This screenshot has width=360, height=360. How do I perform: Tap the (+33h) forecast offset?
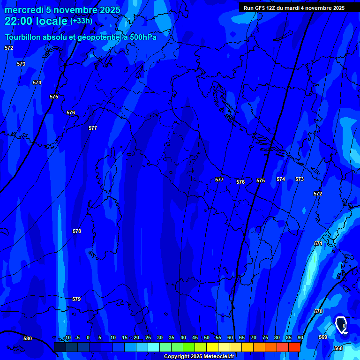pyautogui.click(x=81, y=21)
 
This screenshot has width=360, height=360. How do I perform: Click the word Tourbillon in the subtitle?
pyautogui.click(x=23, y=37)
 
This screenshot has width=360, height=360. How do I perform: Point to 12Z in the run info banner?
pyautogui.click(x=270, y=8)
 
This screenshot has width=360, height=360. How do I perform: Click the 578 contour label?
pyautogui.click(x=77, y=231)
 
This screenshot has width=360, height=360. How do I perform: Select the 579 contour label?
pyautogui.click(x=76, y=299)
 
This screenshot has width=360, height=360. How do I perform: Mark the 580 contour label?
pyautogui.click(x=28, y=338)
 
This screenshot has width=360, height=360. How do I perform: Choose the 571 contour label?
pyautogui.click(x=318, y=243)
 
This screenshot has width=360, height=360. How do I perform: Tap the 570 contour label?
pyautogui.click(x=318, y=311)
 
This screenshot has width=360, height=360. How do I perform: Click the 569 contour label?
pyautogui.click(x=323, y=337)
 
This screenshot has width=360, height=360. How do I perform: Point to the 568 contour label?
pyautogui.click(x=338, y=348)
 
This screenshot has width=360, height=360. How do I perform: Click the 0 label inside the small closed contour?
pyautogui.click(x=344, y=325)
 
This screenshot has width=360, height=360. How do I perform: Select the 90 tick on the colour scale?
pyautogui.click(x=300, y=337)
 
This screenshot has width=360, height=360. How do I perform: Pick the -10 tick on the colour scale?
pyautogui.click(x=67, y=337)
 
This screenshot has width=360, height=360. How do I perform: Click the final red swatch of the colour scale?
pyautogui.click(x=294, y=347)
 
